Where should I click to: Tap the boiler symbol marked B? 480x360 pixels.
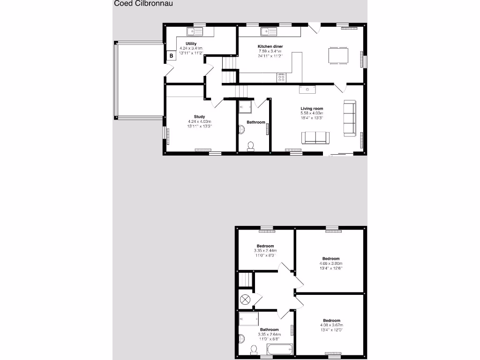[171, 56]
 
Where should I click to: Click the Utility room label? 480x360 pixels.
[191, 44]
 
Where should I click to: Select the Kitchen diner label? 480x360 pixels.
[270, 46]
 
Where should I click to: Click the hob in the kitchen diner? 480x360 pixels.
[281, 78]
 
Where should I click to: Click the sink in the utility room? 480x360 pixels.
[194, 32]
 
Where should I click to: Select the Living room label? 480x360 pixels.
[312, 109]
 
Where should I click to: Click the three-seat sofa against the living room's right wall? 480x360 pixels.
[349, 117]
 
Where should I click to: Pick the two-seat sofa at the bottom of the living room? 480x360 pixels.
[315, 137]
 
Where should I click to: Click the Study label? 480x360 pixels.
[200, 117]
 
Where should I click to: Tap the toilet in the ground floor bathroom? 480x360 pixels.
[251, 146]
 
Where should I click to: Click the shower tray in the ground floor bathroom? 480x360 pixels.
[246, 107]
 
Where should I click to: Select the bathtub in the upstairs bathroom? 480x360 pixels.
[279, 349]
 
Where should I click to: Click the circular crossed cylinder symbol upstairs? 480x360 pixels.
[245, 299]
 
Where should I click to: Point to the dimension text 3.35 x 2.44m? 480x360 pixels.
[265, 251]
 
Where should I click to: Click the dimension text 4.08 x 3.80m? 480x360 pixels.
[331, 263]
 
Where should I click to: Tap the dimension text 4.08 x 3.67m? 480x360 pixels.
[331, 325]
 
